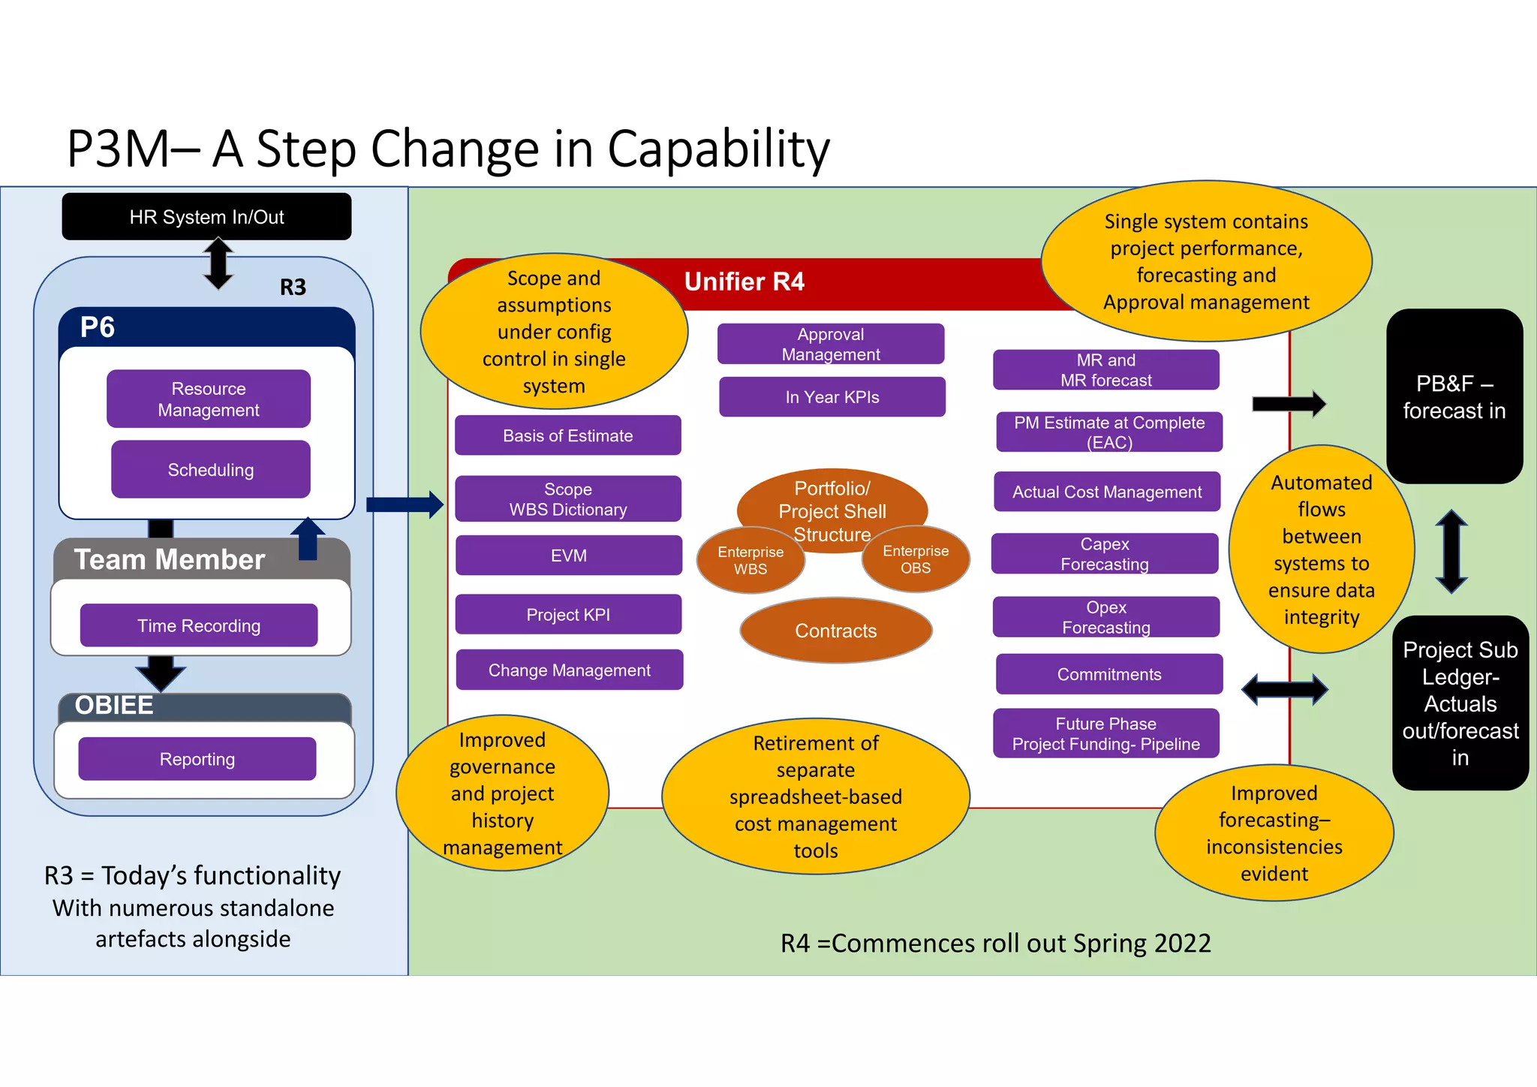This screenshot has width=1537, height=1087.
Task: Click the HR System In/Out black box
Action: point(206,217)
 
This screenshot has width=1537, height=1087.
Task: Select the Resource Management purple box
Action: point(209,399)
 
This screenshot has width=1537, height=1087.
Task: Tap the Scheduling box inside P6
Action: point(210,470)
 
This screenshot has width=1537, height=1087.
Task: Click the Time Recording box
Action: point(199,625)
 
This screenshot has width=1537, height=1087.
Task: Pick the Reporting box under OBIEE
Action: point(197,759)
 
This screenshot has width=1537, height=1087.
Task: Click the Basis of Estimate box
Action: point(567,435)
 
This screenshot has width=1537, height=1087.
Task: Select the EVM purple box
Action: point(568,556)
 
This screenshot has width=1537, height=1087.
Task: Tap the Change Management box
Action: point(569,670)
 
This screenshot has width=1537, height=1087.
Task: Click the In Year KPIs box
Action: point(832,397)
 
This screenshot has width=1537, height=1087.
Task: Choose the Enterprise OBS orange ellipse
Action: point(916,560)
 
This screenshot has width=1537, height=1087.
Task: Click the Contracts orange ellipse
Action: point(835,631)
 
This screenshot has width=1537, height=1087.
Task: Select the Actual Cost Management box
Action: point(1106,492)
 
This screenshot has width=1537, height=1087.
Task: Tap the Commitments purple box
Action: point(1108,674)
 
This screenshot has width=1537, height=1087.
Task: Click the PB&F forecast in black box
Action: point(1454,396)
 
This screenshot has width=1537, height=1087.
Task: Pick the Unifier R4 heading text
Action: point(744,282)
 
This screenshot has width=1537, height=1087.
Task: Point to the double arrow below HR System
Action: point(218,263)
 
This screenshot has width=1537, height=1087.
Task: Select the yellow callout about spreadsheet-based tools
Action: point(815,796)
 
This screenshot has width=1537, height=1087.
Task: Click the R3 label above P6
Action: point(293,287)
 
